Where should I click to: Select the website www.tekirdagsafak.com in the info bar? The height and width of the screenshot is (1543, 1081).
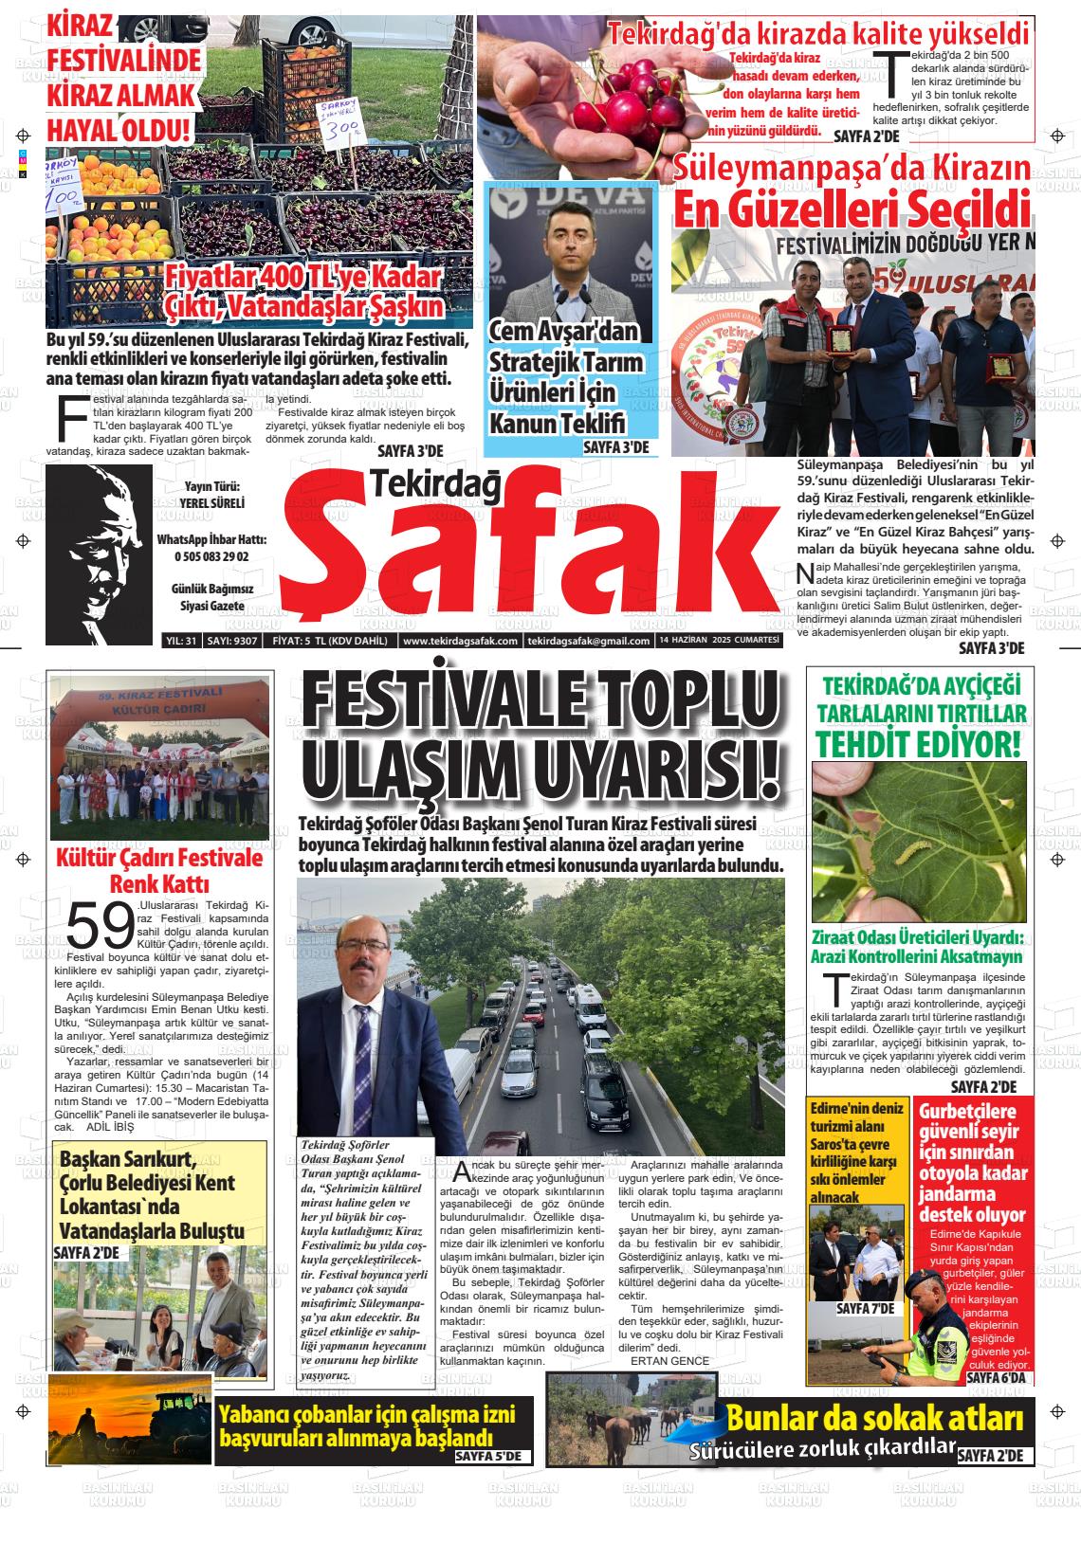tap(460, 641)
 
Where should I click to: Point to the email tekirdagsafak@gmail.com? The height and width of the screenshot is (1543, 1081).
tap(588, 641)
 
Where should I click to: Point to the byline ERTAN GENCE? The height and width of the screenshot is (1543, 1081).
tap(669, 1361)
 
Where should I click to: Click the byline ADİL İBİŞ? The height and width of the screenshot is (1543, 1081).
tap(110, 1128)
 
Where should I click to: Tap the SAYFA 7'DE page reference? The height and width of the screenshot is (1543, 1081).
tap(865, 1309)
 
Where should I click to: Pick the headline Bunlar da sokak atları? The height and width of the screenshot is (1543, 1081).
tap(874, 1418)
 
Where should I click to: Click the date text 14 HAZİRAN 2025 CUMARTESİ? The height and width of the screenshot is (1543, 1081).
tap(719, 641)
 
